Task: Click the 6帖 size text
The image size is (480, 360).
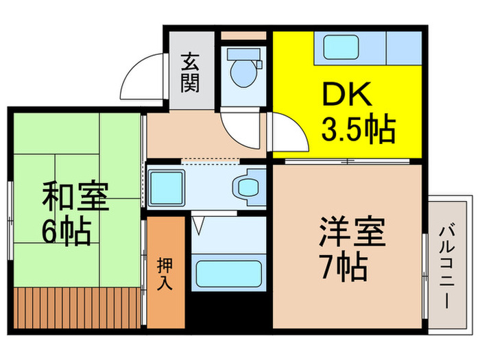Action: click(x=66, y=234)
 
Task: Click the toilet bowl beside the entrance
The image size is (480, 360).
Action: click(x=241, y=73)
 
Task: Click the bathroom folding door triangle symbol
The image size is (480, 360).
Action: click(x=200, y=223)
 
